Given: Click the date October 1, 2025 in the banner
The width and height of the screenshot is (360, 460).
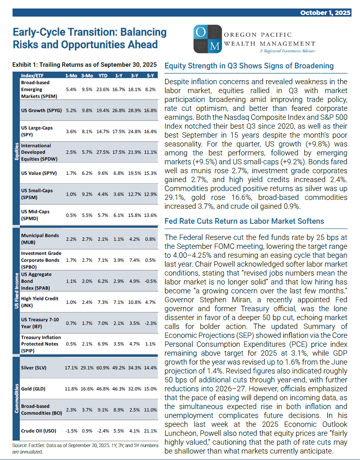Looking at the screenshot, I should tap(325, 13).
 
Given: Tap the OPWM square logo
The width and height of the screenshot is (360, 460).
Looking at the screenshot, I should tap(208, 39).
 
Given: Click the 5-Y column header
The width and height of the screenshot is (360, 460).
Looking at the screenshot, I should tap(150, 76).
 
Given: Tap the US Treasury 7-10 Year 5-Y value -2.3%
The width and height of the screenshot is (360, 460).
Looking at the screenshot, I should tap(150, 323).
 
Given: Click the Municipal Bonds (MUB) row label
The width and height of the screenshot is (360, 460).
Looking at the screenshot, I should tap(40, 239).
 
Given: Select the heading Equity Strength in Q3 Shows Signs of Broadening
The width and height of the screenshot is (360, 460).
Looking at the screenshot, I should tap(249, 66).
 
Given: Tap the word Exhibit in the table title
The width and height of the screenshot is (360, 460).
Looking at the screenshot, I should tap(23, 65).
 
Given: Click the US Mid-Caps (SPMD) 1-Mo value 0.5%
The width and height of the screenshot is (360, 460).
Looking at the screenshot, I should tap(71, 215).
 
